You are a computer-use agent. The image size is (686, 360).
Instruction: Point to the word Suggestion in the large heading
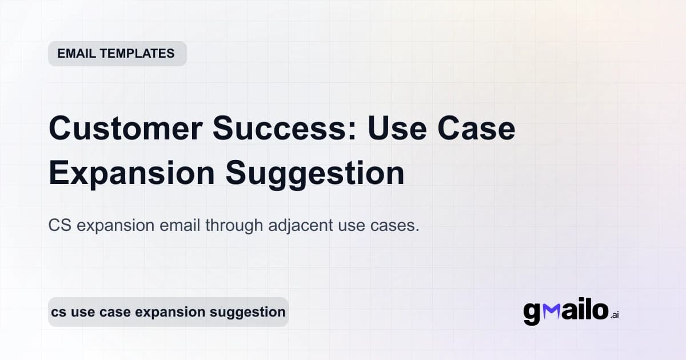coord(315,174)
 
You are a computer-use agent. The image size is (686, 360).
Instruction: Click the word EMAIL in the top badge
coord(76,54)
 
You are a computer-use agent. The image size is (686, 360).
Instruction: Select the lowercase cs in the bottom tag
coord(57,312)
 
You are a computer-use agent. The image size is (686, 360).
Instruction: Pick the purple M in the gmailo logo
coord(551,310)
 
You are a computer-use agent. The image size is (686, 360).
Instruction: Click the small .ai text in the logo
coord(615,315)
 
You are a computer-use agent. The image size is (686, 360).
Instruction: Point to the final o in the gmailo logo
coord(599,311)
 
